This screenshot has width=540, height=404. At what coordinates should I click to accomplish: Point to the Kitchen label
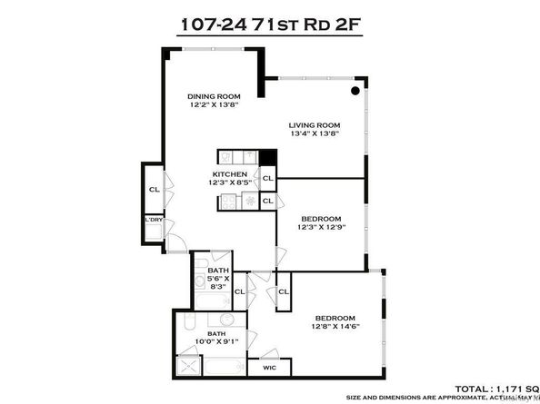click(x=230, y=173)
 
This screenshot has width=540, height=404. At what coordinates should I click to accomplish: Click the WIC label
click(x=269, y=368)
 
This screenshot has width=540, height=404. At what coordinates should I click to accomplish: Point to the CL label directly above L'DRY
click(x=154, y=190)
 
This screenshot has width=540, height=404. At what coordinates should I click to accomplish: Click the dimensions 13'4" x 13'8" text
click(x=315, y=134)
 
